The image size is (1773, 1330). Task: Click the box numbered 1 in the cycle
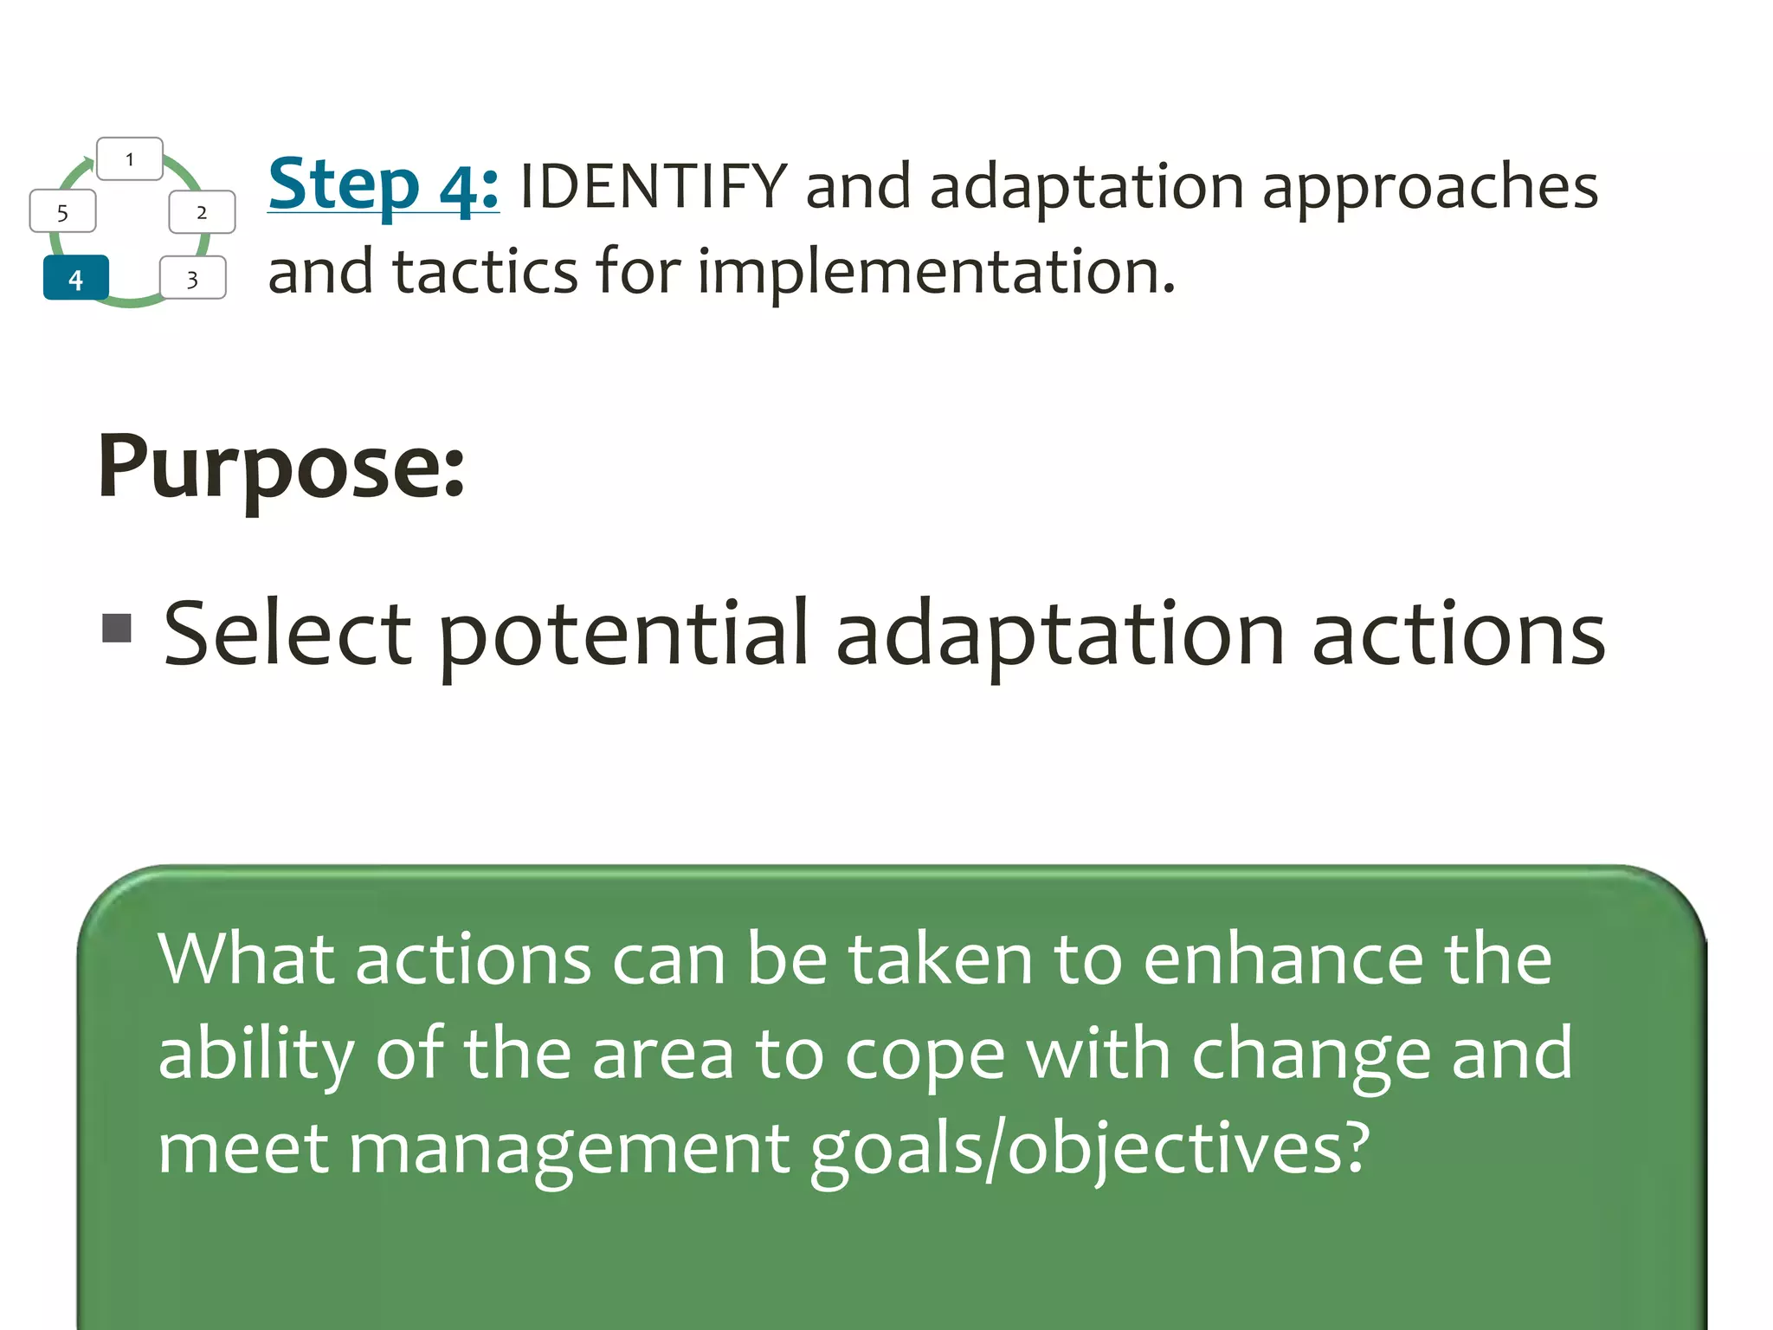click(x=130, y=159)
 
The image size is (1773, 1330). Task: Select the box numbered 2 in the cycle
click(x=202, y=212)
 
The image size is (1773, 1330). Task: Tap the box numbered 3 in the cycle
click(x=193, y=278)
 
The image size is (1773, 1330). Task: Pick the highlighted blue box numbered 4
click(x=76, y=278)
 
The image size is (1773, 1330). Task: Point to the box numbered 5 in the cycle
click(x=62, y=212)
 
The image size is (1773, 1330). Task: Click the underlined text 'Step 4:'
click(x=384, y=184)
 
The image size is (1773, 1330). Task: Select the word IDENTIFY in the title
click(x=654, y=186)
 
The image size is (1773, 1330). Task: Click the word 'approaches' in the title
click(x=1429, y=188)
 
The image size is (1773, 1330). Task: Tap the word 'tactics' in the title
click(x=485, y=271)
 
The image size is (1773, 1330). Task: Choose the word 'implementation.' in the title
click(x=937, y=273)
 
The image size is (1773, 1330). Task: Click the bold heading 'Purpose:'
click(x=281, y=468)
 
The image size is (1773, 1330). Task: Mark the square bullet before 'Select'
click(x=117, y=628)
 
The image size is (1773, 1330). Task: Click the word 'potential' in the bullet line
click(x=623, y=636)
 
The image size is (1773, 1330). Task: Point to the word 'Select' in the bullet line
click(x=287, y=635)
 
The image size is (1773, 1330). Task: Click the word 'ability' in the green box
click(x=255, y=1056)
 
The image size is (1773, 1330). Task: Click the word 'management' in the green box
click(x=569, y=1150)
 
